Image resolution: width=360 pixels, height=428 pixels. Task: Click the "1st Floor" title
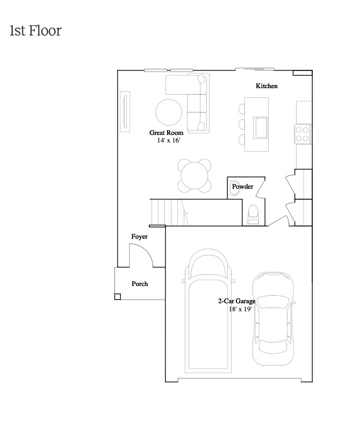coord(35,30)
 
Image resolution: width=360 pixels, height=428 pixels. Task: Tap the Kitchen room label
coord(267,86)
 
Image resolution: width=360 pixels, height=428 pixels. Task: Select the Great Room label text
coord(166,133)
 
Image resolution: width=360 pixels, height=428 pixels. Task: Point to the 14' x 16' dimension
coord(169,140)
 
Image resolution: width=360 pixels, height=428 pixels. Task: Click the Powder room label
coord(242,187)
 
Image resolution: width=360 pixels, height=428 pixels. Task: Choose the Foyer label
coord(139,237)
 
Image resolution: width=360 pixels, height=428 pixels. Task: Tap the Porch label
coord(140,284)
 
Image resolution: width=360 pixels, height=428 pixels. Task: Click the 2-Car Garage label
coord(237,301)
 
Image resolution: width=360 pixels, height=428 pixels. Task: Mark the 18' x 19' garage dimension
coord(240,309)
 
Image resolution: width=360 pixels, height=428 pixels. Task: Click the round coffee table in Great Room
coord(169,112)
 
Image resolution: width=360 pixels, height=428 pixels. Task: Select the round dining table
coord(194,175)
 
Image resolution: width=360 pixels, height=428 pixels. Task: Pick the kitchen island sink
coord(260,127)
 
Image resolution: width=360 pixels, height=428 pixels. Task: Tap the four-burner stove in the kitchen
coord(303,134)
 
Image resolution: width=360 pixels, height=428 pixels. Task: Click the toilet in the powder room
coord(254,215)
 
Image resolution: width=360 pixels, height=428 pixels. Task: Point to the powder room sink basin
coord(234,188)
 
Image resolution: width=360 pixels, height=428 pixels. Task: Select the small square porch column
coord(118,297)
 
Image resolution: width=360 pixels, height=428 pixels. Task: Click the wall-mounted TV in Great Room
coord(125,111)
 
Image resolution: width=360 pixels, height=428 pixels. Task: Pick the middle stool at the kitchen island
coord(242,124)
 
